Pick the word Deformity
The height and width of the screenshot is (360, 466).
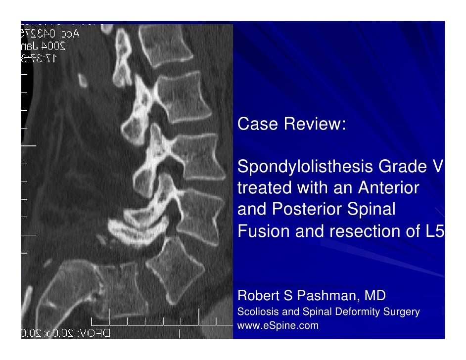[x=357, y=312]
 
